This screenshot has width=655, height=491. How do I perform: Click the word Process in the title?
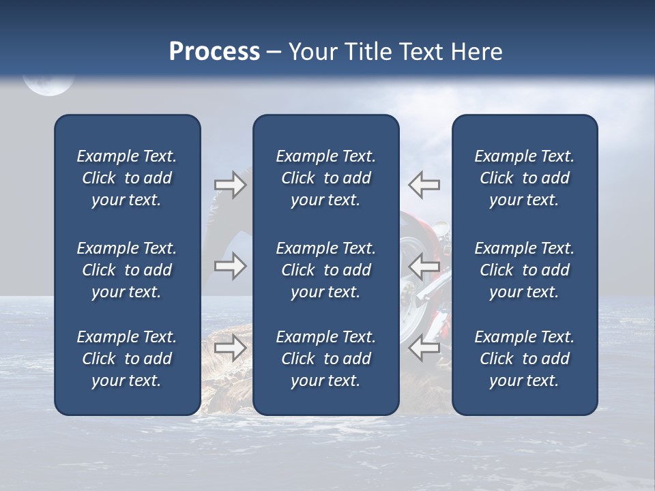[x=214, y=52]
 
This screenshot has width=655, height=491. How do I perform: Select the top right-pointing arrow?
[x=230, y=185]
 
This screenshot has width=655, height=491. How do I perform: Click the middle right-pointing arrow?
[x=230, y=266]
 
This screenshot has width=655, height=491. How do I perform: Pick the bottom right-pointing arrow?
[x=230, y=348]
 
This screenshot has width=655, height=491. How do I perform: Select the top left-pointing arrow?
[x=424, y=185]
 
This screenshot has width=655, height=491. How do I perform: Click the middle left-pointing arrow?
[x=424, y=266]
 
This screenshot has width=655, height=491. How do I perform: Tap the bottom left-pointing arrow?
[x=424, y=348]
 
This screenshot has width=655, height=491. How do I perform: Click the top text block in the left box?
[x=127, y=178]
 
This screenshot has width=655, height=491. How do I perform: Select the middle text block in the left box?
[x=127, y=270]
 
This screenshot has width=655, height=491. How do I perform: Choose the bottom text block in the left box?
[x=127, y=359]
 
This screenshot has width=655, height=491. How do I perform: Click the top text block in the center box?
[x=325, y=178]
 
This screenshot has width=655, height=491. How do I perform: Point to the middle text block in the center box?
[x=325, y=270]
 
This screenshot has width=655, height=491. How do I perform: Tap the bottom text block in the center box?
[x=325, y=359]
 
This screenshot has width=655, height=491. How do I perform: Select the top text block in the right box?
[x=524, y=178]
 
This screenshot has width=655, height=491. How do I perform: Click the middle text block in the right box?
[x=524, y=270]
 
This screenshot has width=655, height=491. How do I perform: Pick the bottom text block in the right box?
[x=524, y=359]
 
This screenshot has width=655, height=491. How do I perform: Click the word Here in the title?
[x=476, y=52]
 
